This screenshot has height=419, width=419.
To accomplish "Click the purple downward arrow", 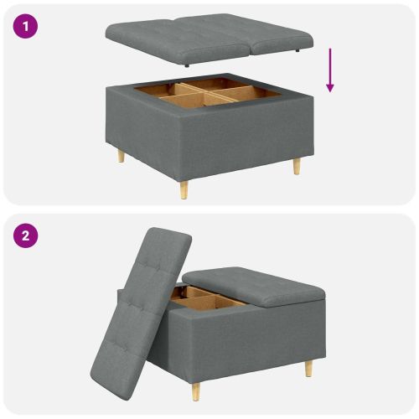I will point(330,70).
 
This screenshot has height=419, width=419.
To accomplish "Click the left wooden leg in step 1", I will point(121,156).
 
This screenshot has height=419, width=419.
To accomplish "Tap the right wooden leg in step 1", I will point(296,165).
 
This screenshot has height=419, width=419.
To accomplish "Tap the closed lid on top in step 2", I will point(251,285).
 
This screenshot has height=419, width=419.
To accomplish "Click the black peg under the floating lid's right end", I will point(298,51).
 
